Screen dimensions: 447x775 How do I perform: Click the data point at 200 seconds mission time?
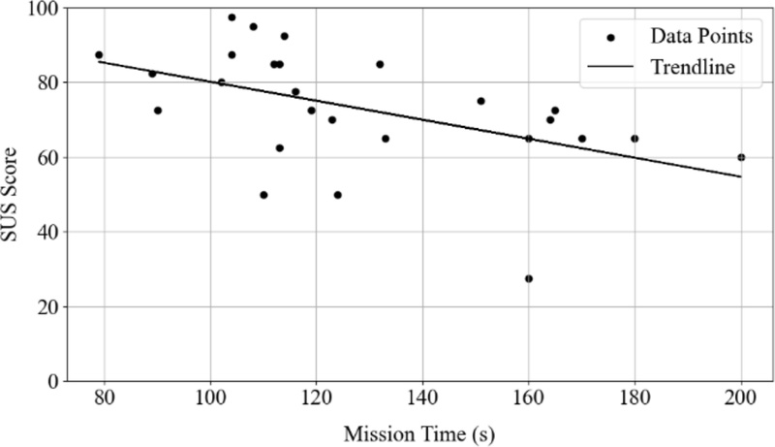[741, 157]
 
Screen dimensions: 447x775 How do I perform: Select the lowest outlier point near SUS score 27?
[529, 278]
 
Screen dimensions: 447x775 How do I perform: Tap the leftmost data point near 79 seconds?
[99, 55]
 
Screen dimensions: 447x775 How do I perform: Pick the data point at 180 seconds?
[635, 139]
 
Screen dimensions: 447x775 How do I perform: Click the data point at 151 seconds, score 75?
[480, 101]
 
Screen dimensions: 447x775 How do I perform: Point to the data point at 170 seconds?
[582, 139]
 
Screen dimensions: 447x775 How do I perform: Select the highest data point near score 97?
[232, 17]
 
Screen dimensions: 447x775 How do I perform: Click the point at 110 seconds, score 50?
[263, 195]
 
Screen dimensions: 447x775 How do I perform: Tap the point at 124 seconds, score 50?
[337, 195]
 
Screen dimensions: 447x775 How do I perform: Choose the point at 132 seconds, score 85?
[380, 64]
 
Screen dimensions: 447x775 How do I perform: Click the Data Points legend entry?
[669, 37]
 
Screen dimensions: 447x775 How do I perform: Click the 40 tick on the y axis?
[49, 232]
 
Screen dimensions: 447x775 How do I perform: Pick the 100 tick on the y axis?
[45, 9]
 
